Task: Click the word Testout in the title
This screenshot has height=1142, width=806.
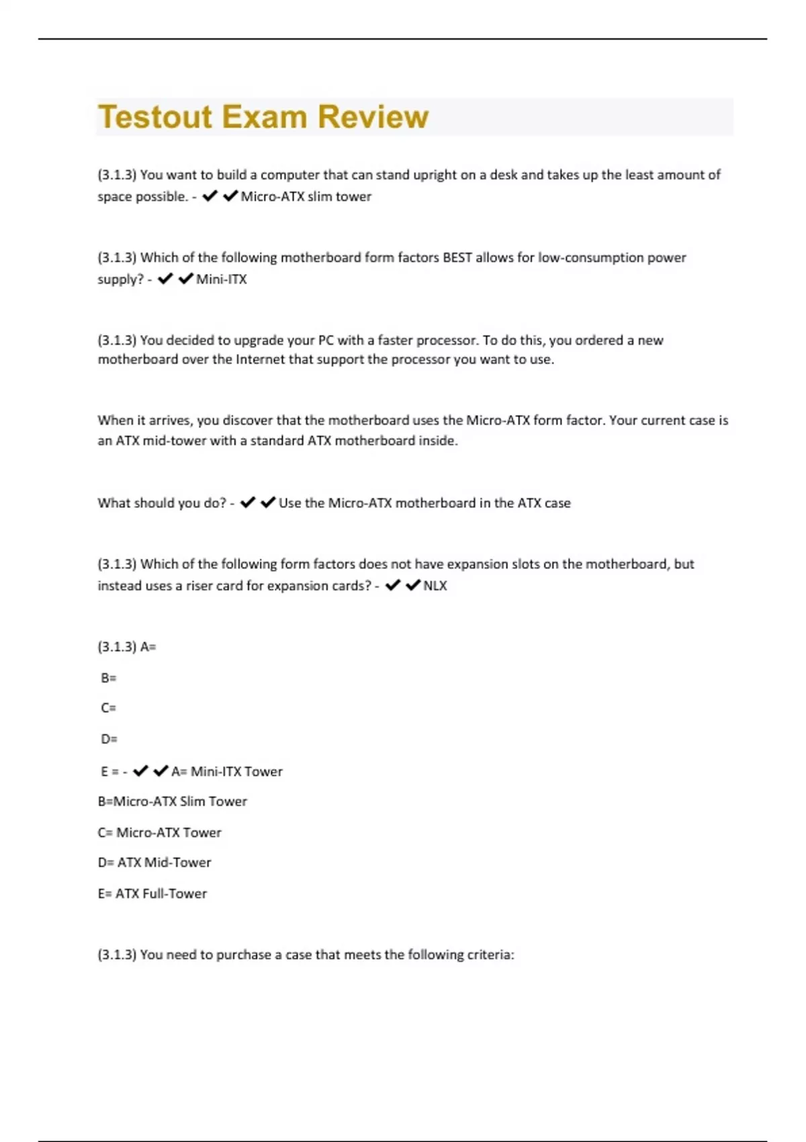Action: tap(155, 117)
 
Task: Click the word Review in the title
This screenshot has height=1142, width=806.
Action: tap(373, 117)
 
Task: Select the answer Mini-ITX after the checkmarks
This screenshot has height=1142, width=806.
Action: tap(222, 279)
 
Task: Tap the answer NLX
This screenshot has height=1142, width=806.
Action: tap(435, 586)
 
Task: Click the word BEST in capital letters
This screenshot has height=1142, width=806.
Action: tap(457, 258)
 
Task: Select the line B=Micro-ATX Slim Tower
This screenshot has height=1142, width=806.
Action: tap(173, 801)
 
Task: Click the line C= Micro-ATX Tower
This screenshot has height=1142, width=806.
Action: tap(160, 833)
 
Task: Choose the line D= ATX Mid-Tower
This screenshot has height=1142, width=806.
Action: tap(154, 863)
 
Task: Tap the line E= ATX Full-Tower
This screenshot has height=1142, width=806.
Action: tap(152, 894)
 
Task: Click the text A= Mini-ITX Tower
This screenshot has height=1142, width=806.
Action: tap(227, 772)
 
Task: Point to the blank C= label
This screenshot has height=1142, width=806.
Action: tap(108, 708)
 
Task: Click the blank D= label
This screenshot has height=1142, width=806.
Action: tap(109, 739)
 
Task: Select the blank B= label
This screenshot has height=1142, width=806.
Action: tap(108, 678)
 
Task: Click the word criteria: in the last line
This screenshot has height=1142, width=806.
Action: tap(490, 955)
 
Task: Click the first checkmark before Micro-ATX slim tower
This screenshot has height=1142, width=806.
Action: tap(210, 196)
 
